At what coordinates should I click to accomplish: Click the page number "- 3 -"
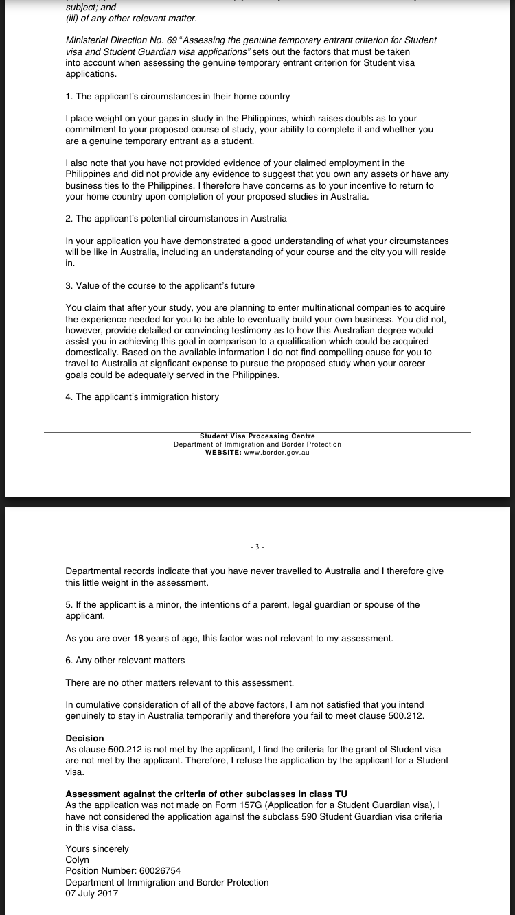click(x=257, y=547)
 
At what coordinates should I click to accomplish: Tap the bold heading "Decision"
click(x=84, y=738)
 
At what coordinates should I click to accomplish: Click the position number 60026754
click(x=157, y=871)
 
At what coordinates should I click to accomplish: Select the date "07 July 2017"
click(x=91, y=893)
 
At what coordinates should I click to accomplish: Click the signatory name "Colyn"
click(x=77, y=860)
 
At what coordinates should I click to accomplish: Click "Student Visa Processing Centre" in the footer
click(x=257, y=436)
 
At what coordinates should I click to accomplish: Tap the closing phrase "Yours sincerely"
click(x=97, y=849)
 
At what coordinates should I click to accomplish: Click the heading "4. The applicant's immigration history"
click(x=142, y=397)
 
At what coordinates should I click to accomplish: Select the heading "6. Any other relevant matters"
click(x=125, y=661)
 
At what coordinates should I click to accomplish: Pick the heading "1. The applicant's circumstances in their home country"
click(x=177, y=97)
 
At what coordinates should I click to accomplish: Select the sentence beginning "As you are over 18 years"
click(x=229, y=639)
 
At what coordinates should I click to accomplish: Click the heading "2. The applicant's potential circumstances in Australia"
click(x=176, y=219)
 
